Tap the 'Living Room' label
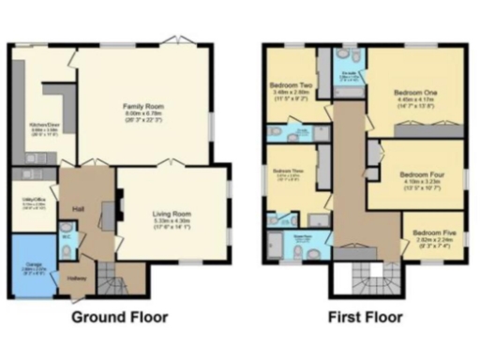[x=172, y=214]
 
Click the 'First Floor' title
[x=366, y=317]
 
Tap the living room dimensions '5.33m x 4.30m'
[x=172, y=221]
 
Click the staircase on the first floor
[x=366, y=277]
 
